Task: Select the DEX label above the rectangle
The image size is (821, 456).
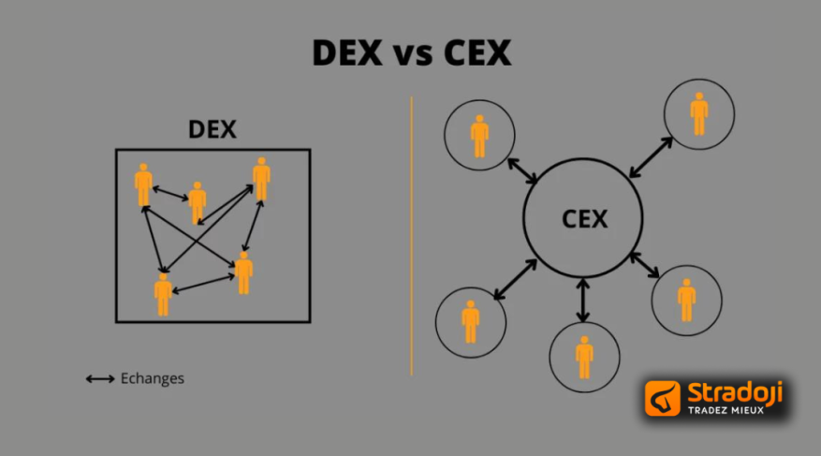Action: pos(213,130)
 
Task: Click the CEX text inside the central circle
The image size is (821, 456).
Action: pos(585,220)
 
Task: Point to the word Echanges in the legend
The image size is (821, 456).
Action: pos(153,379)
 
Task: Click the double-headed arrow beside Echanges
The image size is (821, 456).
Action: pos(100,379)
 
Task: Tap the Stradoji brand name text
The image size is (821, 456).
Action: pos(734,392)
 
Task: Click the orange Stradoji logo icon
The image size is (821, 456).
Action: pos(664,398)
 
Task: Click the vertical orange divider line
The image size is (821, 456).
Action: pos(411,234)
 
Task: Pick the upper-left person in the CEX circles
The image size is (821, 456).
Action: pos(479,136)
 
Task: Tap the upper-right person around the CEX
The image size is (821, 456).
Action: pos(699,113)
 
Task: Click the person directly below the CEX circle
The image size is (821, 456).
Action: pos(585,356)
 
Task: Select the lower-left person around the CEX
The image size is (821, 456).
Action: pos(471,321)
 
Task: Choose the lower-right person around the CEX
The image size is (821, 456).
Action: pos(687,300)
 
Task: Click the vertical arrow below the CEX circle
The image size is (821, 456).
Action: pos(584,300)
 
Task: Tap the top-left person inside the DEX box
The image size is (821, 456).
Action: pos(143,185)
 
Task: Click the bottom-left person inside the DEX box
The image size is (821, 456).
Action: pos(163,294)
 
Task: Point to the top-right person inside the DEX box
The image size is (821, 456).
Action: pos(261,179)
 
